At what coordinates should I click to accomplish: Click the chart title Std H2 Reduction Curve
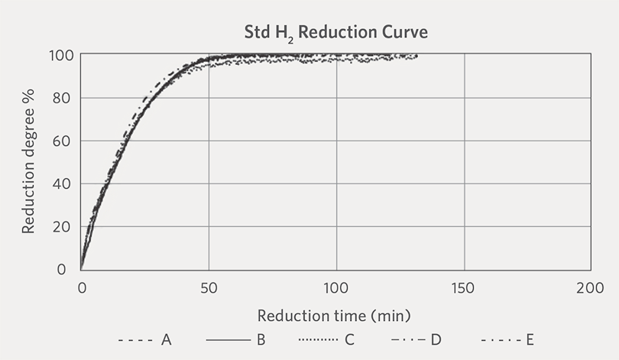pos(336,33)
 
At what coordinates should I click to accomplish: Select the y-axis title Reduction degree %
pos(28,161)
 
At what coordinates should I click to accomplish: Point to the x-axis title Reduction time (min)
pos(334,316)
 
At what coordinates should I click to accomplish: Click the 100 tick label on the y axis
pos(62,55)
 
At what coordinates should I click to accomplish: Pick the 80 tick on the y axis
pos(62,98)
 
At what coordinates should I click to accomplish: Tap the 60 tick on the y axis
pos(62,141)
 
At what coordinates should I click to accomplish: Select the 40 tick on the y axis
pos(62,184)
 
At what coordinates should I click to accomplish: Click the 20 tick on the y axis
pos(62,226)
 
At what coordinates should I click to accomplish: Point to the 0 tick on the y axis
pos(62,269)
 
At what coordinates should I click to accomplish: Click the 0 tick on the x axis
pos(82,288)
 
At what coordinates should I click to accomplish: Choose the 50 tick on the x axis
pos(209,288)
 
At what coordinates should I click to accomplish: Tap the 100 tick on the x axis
pos(336,288)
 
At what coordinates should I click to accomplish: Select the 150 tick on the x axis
pos(463,288)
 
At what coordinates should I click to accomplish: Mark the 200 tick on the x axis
pos(590,288)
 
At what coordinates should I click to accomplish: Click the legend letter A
pos(166,339)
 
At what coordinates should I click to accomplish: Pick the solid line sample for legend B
pos(228,340)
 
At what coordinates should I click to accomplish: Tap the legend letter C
pos(349,339)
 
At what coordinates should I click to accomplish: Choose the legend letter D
pos(436,339)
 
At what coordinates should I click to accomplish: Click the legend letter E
pos(530,339)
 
